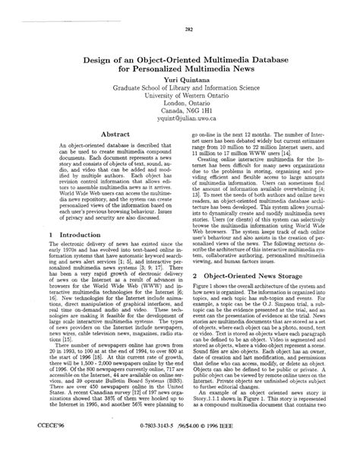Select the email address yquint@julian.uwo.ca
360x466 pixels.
180,119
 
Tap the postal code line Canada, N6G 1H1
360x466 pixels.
180,108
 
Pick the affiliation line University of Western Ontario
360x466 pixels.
180,97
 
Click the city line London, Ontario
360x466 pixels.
180,103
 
